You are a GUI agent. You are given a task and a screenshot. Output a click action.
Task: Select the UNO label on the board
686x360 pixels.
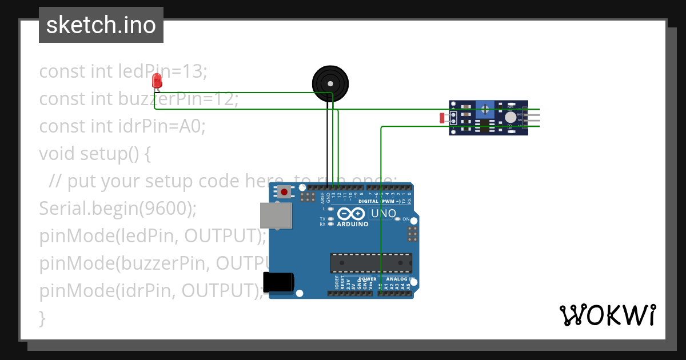click(x=384, y=214)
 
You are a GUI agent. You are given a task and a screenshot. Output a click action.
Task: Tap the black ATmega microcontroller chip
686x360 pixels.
click(x=370, y=262)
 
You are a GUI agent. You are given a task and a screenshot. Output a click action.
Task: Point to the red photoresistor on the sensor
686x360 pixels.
click(x=442, y=118)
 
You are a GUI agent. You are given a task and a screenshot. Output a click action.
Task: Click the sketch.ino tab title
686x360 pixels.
click(x=101, y=25)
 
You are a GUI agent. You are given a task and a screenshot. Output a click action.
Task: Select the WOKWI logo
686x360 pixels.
click(x=607, y=315)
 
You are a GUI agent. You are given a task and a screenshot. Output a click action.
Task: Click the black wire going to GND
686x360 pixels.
click(x=328, y=143)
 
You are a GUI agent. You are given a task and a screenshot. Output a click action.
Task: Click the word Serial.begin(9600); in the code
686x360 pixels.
click(x=118, y=209)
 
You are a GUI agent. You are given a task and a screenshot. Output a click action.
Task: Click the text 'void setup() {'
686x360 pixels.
click(x=94, y=154)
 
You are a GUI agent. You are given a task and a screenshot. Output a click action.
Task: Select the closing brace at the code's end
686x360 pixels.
click(x=42, y=318)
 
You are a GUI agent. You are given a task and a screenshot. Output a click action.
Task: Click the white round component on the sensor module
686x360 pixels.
click(x=510, y=117)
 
